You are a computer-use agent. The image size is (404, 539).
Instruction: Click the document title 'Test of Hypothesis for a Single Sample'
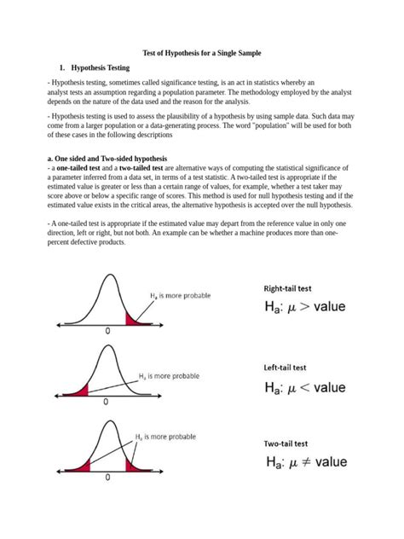[x=202, y=52]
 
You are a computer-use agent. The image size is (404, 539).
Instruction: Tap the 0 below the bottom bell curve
[x=107, y=478]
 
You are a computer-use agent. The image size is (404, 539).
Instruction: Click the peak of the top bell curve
[x=108, y=275]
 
